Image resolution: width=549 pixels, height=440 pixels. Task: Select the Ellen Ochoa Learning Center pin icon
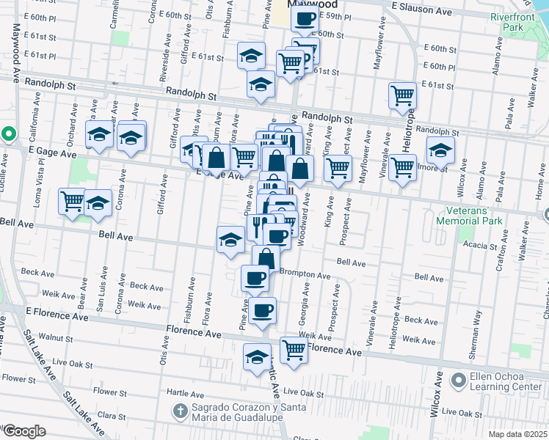point(459,379)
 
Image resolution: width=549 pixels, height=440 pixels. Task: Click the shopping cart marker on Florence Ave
point(294,350)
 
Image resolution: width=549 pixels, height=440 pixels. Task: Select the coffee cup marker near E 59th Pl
point(305,18)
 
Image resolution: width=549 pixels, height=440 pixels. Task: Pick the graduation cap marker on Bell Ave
point(230,239)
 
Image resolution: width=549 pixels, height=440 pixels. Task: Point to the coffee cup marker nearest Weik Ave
point(262,309)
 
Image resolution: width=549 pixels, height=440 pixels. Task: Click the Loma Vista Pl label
point(40,183)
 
